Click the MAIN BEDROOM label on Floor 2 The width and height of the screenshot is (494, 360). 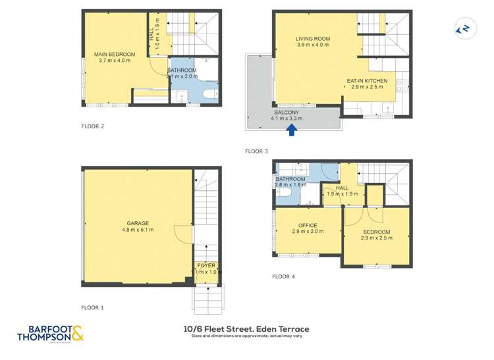(115, 54)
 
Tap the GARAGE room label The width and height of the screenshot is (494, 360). (138, 222)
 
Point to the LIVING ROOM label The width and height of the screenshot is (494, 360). (313, 39)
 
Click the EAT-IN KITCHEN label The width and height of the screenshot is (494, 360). (368, 81)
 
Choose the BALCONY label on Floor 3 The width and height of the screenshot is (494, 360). (287, 113)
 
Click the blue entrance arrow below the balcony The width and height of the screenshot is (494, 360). (292, 130)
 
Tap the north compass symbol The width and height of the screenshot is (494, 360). (464, 28)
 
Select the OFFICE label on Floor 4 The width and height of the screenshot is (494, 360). (308, 226)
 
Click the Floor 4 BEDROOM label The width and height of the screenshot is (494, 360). (376, 232)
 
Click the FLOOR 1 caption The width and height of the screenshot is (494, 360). (92, 307)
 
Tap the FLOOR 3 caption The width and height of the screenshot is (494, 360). (256, 151)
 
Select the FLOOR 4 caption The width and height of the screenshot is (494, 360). (283, 276)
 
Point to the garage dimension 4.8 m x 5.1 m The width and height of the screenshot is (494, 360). (138, 230)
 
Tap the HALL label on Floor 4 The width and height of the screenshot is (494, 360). (342, 188)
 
